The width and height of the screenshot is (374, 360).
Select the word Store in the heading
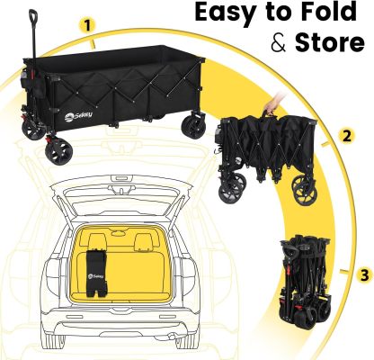[329, 42]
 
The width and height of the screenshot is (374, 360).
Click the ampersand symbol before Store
[279, 43]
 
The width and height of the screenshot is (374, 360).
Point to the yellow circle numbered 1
[87, 25]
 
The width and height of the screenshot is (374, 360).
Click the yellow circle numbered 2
[346, 136]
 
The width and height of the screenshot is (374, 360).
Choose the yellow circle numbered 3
[364, 274]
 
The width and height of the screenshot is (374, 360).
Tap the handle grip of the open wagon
[33, 15]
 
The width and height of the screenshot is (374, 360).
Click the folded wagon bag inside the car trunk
[96, 273]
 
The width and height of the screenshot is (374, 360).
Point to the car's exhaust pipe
[172, 337]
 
